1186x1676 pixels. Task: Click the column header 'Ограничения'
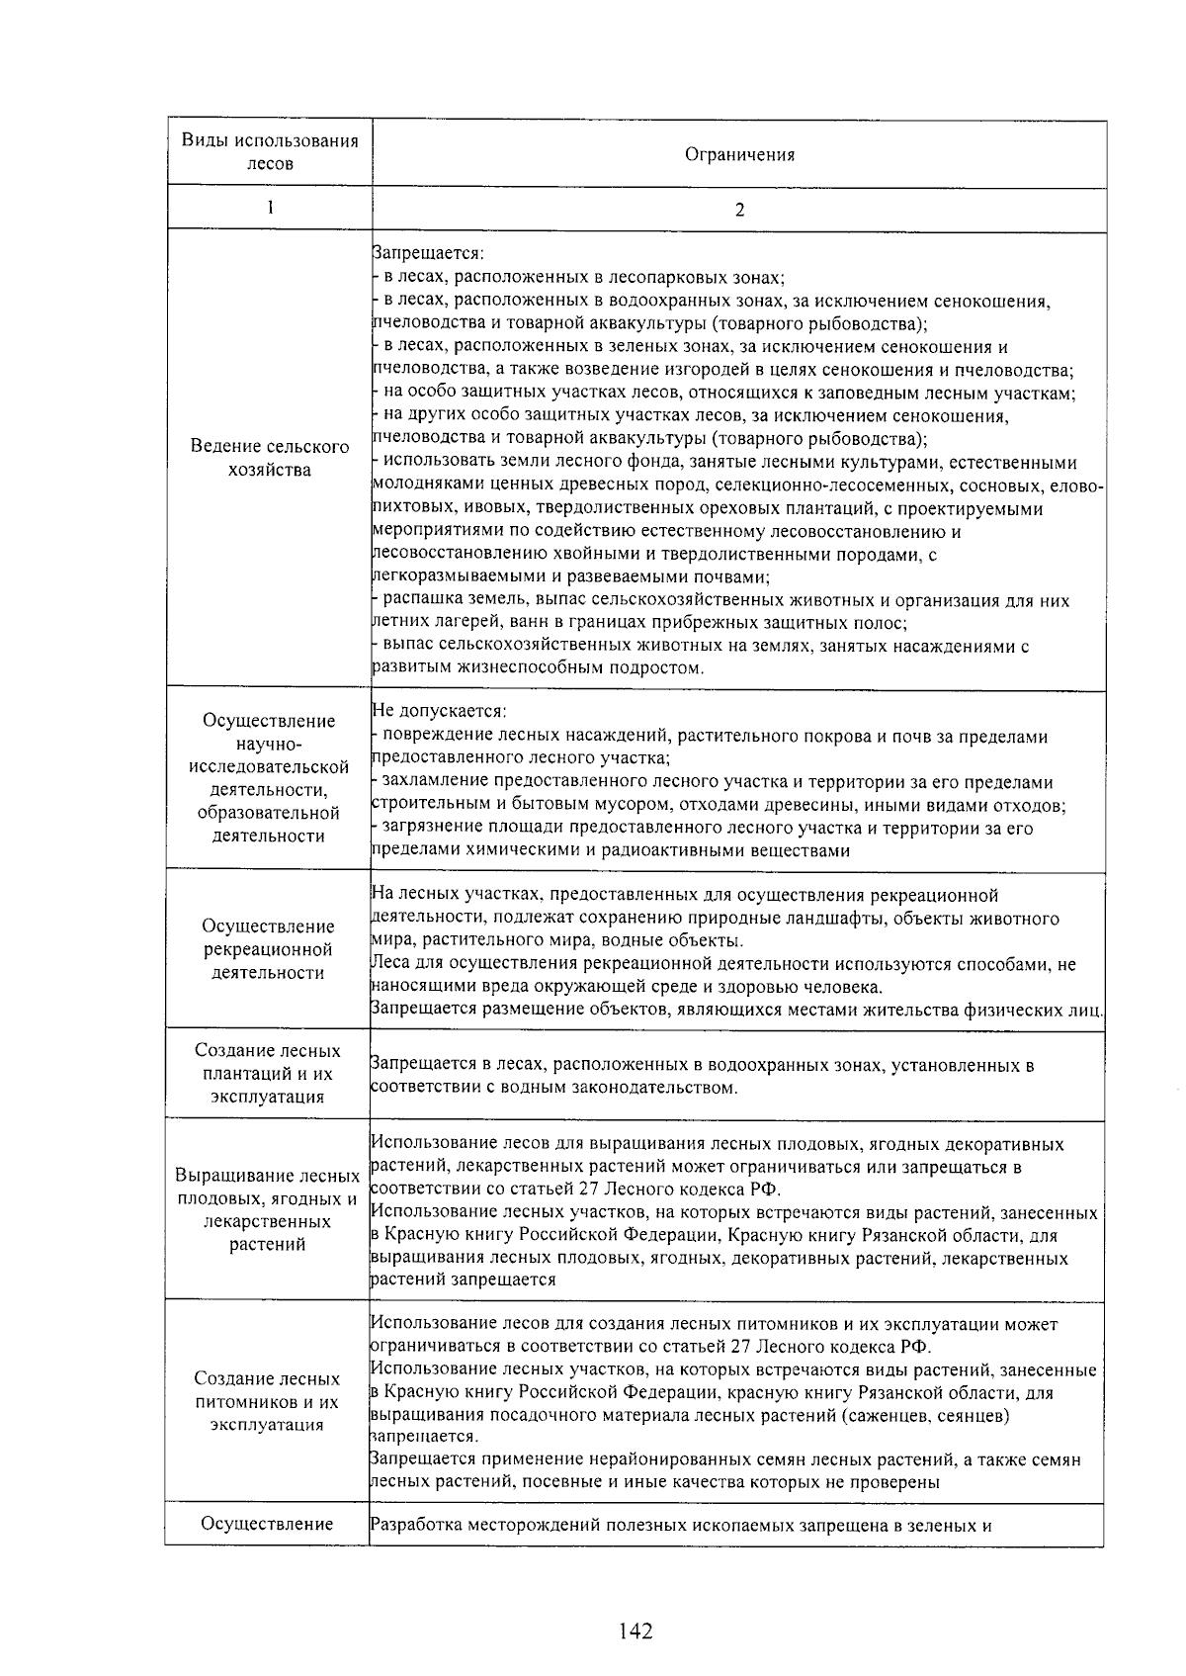(739, 154)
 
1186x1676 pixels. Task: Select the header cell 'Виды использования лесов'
(269, 151)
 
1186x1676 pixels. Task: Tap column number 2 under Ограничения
(739, 210)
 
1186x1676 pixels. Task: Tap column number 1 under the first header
(269, 207)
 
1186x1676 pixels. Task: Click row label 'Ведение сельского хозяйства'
(269, 458)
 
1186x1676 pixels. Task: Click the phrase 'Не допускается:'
(439, 712)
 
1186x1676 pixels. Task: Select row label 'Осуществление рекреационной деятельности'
(269, 949)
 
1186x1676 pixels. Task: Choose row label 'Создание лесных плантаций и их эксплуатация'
(269, 1073)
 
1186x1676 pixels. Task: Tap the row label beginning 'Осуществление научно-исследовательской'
(269, 778)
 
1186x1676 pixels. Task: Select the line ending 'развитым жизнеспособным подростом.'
(539, 668)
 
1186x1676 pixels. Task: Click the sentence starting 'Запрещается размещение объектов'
(736, 1010)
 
